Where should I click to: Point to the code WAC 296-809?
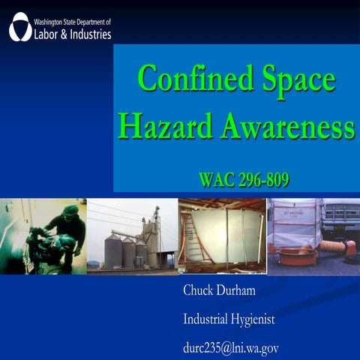(x=244, y=180)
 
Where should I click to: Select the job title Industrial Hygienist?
(x=229, y=319)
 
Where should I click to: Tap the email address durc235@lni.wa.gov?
(x=231, y=348)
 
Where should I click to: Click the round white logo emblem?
(x=20, y=26)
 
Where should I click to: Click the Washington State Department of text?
(x=72, y=22)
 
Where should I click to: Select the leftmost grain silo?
(x=112, y=251)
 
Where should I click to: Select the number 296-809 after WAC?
(x=262, y=180)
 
